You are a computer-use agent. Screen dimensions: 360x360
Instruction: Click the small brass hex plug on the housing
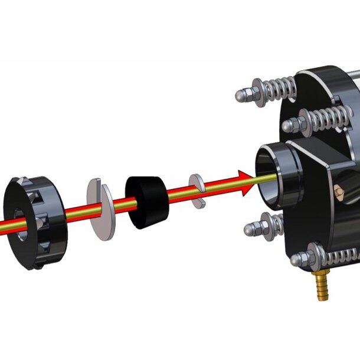tap(338, 192)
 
